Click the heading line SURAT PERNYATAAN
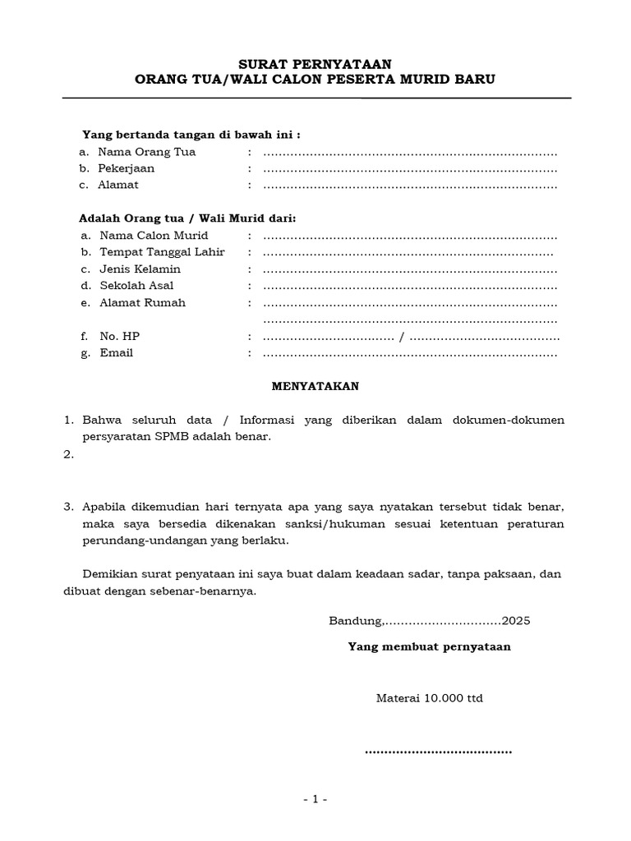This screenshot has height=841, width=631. tap(315, 63)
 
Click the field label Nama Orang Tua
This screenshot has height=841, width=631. tap(146, 152)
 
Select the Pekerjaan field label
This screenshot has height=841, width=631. tap(126, 168)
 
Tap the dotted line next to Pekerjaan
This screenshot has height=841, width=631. tap(410, 169)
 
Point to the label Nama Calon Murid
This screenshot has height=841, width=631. tap(154, 236)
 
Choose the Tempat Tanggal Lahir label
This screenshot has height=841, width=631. tap(162, 252)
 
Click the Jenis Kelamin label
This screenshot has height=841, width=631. tap(140, 269)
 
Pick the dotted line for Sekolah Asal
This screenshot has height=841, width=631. tap(410, 287)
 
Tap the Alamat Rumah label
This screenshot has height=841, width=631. tap(142, 302)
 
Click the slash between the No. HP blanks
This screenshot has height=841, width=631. tap(401, 337)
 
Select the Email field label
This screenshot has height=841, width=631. tap(116, 353)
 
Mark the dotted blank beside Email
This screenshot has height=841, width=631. tap(410, 354)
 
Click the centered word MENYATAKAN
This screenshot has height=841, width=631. tap(315, 385)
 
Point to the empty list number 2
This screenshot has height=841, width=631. tap(69, 454)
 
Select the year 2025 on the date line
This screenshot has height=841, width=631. tap(516, 621)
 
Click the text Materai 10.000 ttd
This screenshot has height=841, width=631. tap(430, 699)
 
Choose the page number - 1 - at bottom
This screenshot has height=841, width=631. tap(315, 800)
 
